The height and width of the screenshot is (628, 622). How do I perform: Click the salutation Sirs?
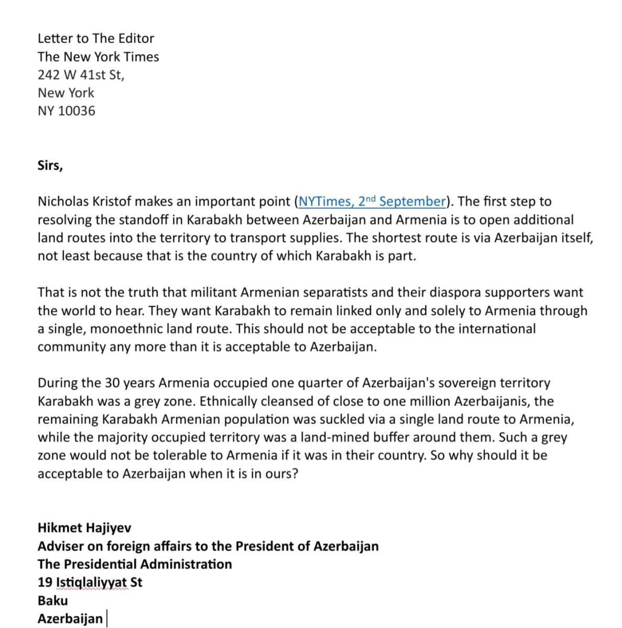click(50, 165)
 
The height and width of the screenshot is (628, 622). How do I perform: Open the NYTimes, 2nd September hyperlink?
click(372, 201)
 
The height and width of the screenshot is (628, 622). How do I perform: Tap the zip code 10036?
click(77, 111)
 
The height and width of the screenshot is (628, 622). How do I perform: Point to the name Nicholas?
click(62, 201)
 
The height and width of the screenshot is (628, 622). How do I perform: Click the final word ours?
click(283, 474)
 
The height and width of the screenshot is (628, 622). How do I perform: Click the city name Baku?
click(52, 601)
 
